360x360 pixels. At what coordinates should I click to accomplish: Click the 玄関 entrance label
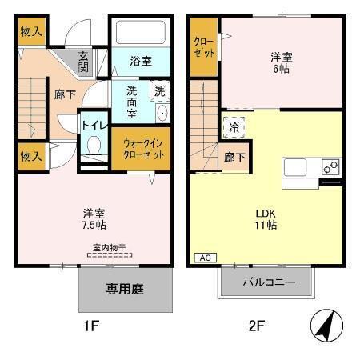(x=83, y=62)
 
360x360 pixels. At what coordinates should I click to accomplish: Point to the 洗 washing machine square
(x=158, y=90)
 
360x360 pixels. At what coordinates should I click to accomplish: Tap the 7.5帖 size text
(x=94, y=226)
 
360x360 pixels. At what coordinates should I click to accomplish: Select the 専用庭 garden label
(x=126, y=289)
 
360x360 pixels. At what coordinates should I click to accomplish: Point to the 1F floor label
(x=91, y=326)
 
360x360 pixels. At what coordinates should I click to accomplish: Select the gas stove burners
(x=330, y=167)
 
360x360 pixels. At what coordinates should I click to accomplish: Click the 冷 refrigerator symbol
(x=235, y=126)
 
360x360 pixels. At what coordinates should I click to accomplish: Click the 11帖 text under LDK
(x=266, y=226)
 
